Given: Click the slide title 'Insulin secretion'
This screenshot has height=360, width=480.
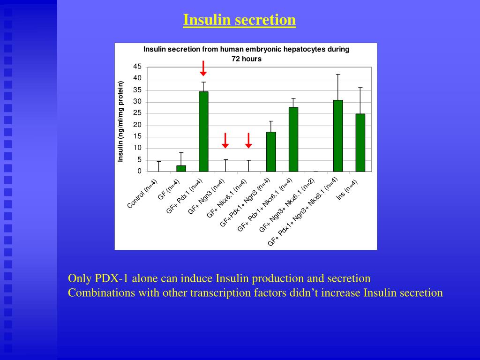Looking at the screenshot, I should click(x=239, y=20).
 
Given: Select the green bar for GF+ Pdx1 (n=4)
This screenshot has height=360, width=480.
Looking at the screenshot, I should click(x=203, y=131).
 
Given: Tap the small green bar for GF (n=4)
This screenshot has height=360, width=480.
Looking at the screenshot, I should click(x=181, y=168).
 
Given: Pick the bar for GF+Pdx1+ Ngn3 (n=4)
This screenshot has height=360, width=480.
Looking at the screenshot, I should click(x=271, y=151).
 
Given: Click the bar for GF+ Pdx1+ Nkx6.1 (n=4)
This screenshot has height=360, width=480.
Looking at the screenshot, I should click(x=293, y=139).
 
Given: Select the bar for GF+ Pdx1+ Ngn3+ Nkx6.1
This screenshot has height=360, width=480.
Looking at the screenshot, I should click(x=338, y=135).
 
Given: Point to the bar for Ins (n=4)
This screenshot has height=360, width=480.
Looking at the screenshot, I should click(x=360, y=142).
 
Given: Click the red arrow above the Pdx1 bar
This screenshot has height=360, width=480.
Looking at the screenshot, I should click(x=203, y=68).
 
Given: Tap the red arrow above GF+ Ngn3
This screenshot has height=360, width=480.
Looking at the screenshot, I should click(x=225, y=141).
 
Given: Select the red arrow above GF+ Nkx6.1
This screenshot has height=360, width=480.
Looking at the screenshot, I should click(x=248, y=141).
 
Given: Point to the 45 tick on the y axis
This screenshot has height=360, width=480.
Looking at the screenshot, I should click(x=137, y=67).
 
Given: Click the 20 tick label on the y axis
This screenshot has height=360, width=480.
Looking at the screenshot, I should click(x=137, y=125).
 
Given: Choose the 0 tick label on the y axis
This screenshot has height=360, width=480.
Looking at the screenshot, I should click(x=139, y=172).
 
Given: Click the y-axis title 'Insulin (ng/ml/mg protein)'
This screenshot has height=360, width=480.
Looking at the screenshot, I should click(x=120, y=121).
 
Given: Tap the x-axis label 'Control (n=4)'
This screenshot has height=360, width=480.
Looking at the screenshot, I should click(x=142, y=194).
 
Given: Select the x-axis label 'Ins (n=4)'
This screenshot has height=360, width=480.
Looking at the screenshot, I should click(x=347, y=190).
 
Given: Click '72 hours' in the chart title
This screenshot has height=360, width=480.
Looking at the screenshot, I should click(x=246, y=59).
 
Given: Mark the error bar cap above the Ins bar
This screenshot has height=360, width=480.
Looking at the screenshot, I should click(x=360, y=88).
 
